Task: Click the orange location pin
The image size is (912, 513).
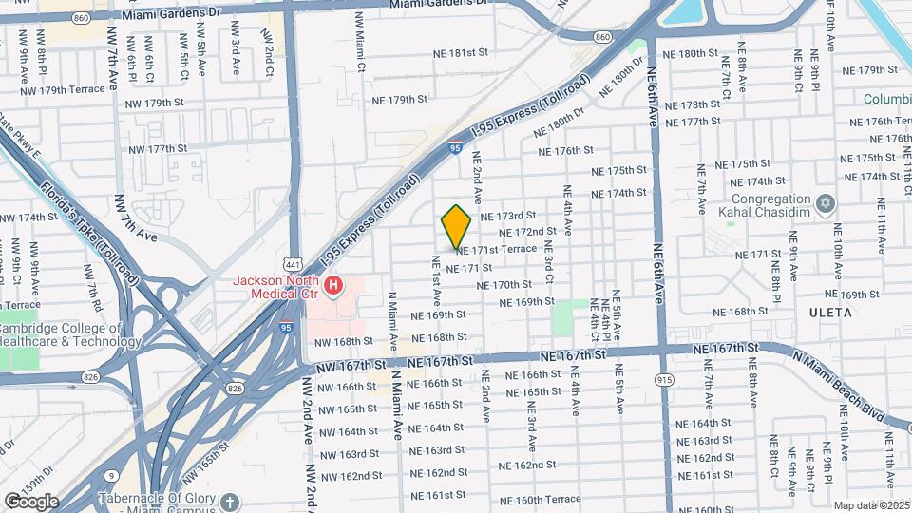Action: click(456, 226)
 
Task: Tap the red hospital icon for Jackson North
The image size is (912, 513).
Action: click(332, 285)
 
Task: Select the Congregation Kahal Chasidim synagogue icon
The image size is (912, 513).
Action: click(825, 202)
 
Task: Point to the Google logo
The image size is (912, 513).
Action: click(30, 501)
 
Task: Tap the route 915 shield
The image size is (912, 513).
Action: click(662, 378)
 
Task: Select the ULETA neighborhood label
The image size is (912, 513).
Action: click(832, 312)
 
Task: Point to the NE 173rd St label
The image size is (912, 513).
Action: click(508, 217)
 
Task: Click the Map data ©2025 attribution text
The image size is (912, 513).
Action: click(871, 505)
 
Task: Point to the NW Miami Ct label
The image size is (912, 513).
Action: click(360, 43)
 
